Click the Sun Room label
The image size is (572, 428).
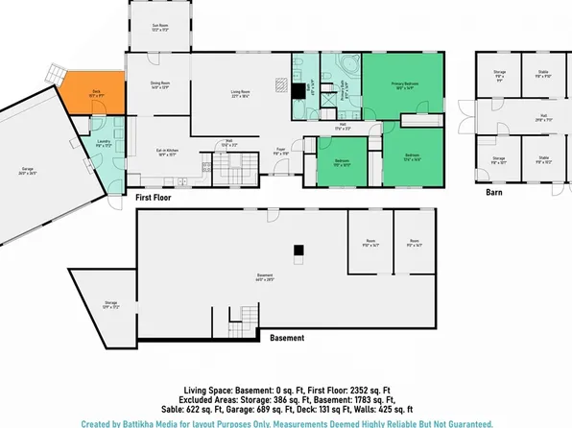(160, 28)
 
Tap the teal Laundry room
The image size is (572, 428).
(103, 145)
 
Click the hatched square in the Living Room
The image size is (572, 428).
(278, 83)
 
